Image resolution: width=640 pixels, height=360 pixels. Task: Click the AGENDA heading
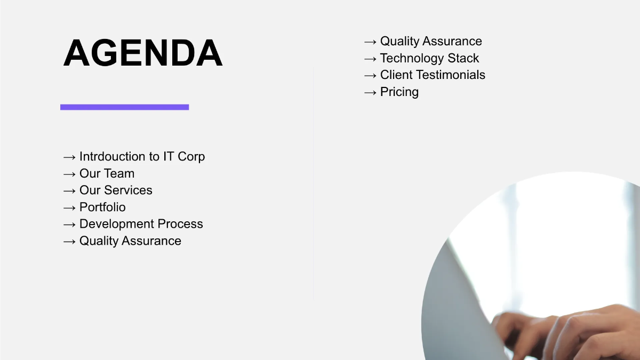point(143,53)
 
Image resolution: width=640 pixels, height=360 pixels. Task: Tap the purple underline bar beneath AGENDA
point(124,107)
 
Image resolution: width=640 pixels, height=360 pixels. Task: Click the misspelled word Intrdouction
point(112,157)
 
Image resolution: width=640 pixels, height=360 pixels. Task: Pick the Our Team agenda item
point(107,173)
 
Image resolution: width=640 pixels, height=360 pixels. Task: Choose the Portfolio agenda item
point(102,207)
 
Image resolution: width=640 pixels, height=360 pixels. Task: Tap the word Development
point(117,224)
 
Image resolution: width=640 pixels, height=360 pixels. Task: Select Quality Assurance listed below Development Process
point(130,241)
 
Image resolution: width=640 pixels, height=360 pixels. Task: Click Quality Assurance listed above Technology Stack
point(431,42)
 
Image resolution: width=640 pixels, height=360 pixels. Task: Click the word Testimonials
point(452,75)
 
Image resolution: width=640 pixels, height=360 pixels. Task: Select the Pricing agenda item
point(399,92)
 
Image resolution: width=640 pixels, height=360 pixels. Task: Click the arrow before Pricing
point(370,92)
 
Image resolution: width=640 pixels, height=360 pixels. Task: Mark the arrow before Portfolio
point(69,207)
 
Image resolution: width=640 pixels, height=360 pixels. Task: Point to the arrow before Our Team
point(69,174)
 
